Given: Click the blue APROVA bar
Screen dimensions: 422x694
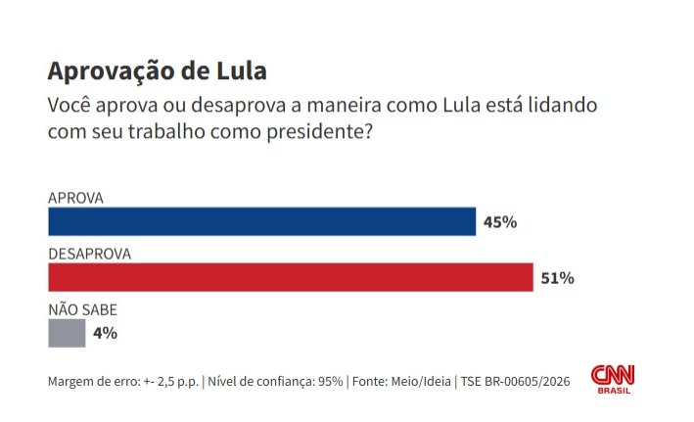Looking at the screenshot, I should click(x=261, y=222).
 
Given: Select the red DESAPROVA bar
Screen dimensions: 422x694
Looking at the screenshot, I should click(x=290, y=278).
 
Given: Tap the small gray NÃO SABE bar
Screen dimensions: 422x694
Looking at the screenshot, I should click(x=67, y=334).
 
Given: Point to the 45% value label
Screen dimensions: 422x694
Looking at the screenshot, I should click(x=500, y=222).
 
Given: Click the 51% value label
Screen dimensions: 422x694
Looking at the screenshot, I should click(x=557, y=278).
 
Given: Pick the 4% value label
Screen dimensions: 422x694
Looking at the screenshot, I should click(x=106, y=333).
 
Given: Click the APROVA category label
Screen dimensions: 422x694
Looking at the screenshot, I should click(x=75, y=198).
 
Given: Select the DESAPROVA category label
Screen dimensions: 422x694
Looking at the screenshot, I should click(x=90, y=254).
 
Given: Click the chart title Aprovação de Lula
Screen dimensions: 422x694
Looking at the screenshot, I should click(x=157, y=71).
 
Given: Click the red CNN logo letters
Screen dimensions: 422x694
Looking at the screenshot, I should click(x=613, y=374).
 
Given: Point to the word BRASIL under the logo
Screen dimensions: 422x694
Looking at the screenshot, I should click(x=614, y=391).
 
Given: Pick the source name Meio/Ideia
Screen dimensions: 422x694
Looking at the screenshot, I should click(x=416, y=381).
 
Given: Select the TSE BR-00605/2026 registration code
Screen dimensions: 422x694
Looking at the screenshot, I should click(x=515, y=381).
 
